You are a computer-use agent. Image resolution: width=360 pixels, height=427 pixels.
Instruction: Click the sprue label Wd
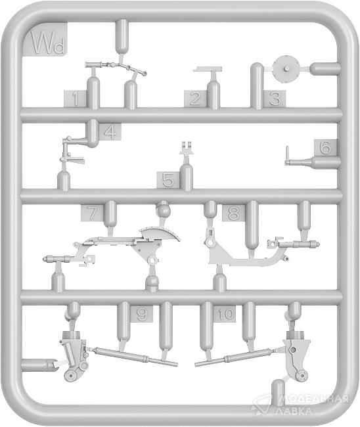click(45, 39)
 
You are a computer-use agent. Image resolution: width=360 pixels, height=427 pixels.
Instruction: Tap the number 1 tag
click(76, 99)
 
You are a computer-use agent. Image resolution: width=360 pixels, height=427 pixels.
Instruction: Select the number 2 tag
click(195, 99)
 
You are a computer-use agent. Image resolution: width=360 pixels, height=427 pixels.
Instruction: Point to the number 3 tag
click(275, 99)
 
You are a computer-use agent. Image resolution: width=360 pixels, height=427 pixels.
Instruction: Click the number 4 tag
click(110, 133)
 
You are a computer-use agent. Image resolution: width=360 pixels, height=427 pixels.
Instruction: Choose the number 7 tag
click(93, 213)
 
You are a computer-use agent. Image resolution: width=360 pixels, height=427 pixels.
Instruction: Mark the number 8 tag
click(233, 213)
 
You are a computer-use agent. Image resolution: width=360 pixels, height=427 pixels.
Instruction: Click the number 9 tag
click(141, 314)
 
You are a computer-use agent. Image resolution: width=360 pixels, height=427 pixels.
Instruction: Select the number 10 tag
click(225, 314)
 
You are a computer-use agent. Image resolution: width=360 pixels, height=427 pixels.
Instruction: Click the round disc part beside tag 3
click(287, 68)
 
